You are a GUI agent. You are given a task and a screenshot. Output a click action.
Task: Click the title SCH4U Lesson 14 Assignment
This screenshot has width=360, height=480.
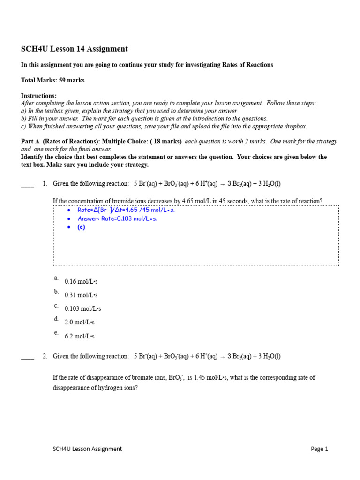(x=75, y=49)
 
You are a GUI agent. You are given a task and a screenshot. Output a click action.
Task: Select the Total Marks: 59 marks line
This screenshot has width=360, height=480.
(x=53, y=80)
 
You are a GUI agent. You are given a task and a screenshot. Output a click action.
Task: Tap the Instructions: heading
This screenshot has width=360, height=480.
(x=39, y=96)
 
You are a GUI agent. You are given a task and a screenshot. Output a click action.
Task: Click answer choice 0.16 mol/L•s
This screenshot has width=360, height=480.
(x=81, y=282)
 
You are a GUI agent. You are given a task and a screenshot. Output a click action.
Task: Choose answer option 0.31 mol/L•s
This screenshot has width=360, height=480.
(x=81, y=295)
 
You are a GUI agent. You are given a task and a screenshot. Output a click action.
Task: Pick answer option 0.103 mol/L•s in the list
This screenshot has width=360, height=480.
(x=82, y=309)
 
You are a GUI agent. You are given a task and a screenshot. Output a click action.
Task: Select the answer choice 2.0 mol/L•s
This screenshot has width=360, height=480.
(x=80, y=322)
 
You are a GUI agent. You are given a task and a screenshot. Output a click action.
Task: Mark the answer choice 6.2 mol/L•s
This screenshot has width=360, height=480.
(x=80, y=337)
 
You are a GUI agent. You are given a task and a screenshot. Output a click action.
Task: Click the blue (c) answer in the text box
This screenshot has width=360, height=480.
(x=81, y=227)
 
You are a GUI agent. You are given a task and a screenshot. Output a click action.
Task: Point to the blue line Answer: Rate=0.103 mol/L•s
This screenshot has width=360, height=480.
(x=117, y=219)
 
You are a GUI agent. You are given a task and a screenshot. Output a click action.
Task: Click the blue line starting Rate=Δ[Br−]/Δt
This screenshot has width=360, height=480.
(x=126, y=210)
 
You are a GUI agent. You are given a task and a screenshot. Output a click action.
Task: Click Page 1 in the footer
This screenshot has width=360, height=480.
(x=319, y=449)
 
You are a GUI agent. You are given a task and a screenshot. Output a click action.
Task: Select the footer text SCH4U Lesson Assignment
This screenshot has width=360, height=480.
(x=87, y=449)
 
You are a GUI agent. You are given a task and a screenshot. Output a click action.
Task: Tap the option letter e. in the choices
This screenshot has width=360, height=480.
(x=56, y=333)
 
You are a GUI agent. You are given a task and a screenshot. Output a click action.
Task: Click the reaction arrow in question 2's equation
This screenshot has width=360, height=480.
(x=222, y=357)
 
